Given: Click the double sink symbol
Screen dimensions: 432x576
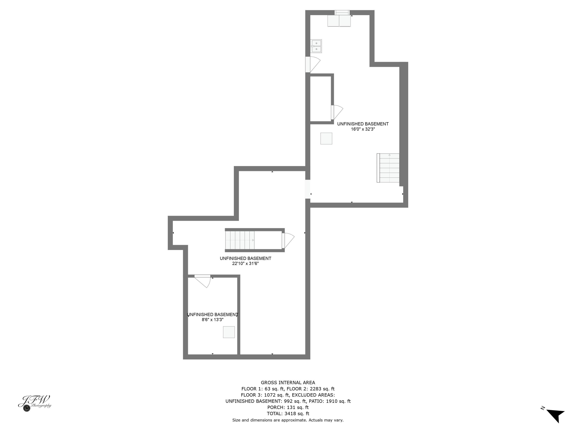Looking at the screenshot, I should click(316, 46).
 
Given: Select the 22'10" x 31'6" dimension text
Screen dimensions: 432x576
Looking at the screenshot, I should click(245, 264).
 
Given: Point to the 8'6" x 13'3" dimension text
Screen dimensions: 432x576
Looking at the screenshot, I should click(213, 320).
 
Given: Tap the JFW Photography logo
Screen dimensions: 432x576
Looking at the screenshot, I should click(35, 403).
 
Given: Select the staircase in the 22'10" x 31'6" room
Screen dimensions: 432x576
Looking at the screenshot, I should click(240, 240).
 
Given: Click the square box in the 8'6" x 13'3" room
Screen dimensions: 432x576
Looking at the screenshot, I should click(229, 332).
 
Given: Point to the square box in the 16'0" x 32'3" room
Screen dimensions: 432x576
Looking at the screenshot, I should click(326, 139).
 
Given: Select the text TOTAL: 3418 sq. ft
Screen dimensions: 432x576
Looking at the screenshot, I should click(288, 414).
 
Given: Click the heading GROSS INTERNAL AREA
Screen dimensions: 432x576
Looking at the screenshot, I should click(288, 382).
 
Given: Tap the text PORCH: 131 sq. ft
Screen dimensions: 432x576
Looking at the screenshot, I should click(288, 407).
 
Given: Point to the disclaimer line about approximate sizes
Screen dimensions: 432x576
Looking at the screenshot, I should click(288, 420).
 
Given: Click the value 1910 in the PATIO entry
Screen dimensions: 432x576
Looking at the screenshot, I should click(331, 401).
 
